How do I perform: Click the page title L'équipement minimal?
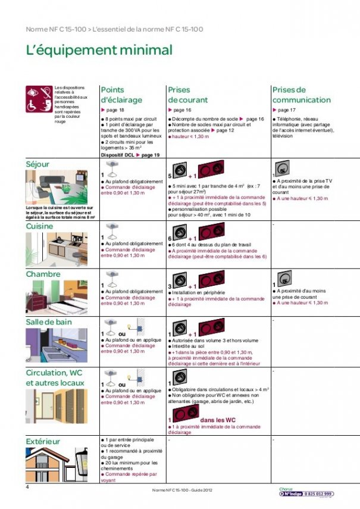click(99, 51)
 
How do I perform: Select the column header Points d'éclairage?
click(121, 95)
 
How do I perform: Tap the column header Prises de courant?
click(188, 95)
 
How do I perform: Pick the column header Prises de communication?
click(301, 95)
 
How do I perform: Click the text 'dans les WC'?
click(220, 421)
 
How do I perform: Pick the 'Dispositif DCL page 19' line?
click(130, 155)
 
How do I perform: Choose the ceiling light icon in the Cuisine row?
click(111, 229)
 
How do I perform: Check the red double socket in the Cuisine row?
click(211, 231)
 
